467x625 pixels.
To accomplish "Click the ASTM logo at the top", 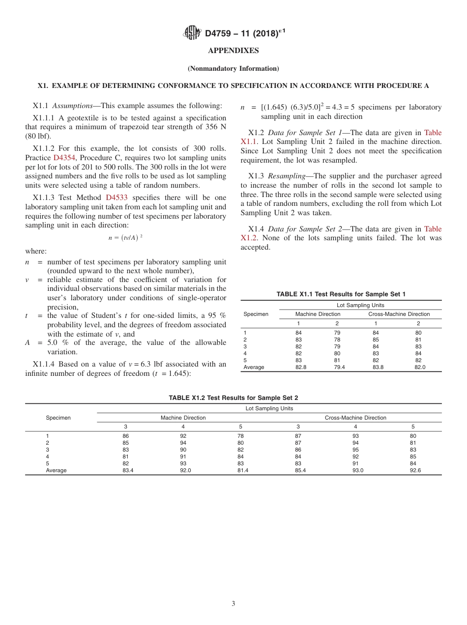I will click(x=192, y=33).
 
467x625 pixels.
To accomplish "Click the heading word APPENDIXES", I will click(x=233, y=51).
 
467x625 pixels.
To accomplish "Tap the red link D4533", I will click(x=117, y=198).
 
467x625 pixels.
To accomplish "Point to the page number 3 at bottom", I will click(x=233, y=604).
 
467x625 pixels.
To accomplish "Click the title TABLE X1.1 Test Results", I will click(x=341, y=294).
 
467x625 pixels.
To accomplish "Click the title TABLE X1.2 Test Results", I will click(x=233, y=398).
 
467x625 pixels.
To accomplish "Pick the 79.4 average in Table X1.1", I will click(x=339, y=367).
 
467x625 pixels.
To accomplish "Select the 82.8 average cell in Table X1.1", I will click(x=301, y=367).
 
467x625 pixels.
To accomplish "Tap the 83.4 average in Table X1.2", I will click(x=128, y=470).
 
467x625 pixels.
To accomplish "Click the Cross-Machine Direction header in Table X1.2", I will click(x=355, y=418).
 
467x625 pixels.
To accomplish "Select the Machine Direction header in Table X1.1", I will click(x=318, y=314).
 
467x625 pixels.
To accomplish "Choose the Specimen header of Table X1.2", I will click(x=58, y=418).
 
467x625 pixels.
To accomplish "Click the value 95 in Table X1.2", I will click(x=355, y=450).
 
